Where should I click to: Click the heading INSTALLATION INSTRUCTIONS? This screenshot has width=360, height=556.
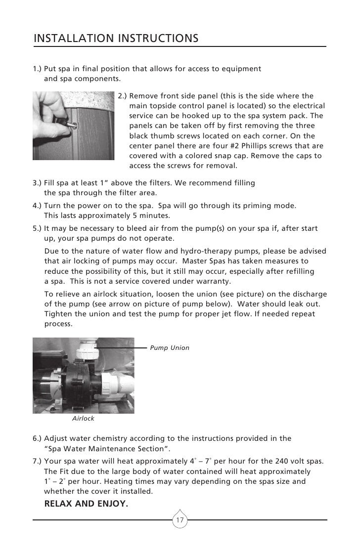click(x=116, y=38)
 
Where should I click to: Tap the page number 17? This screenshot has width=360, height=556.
click(x=180, y=520)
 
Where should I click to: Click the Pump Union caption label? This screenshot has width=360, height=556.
click(x=169, y=348)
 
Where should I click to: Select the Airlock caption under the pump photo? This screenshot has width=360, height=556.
click(x=83, y=419)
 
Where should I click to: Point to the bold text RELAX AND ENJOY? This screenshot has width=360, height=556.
click(x=86, y=504)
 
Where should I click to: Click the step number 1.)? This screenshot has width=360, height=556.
click(x=38, y=68)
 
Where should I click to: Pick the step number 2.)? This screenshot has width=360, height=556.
click(x=123, y=95)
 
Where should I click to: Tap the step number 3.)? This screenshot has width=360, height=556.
click(x=38, y=183)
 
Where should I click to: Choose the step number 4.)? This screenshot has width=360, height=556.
click(x=38, y=205)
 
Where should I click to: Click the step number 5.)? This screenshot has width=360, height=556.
click(x=38, y=228)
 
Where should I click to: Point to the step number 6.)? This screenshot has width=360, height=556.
click(x=38, y=438)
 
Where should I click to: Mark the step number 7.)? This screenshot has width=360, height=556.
click(x=38, y=461)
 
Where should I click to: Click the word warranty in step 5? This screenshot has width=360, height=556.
click(x=214, y=281)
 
